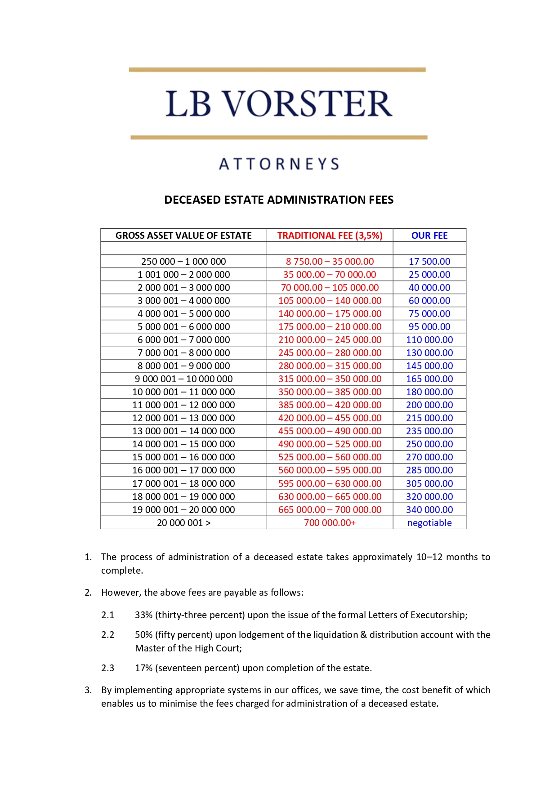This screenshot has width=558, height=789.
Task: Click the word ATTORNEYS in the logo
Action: tap(279, 164)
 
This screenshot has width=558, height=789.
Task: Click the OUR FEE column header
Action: tap(429, 236)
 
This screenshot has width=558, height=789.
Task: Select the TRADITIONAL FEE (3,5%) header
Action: tap(330, 236)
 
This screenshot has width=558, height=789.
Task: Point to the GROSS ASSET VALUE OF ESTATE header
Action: tap(183, 236)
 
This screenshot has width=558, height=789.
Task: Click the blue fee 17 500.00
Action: tap(429, 262)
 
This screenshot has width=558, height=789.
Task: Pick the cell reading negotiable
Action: tap(429, 523)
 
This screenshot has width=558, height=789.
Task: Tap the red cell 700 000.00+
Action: tap(330, 523)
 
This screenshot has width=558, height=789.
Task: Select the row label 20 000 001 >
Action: tap(183, 523)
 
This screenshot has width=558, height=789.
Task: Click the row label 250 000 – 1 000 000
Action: tap(183, 262)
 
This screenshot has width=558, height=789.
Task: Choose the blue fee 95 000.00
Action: tap(429, 327)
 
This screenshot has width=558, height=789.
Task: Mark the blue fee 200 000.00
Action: tap(429, 405)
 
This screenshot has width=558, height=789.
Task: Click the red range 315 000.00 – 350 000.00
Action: tap(330, 379)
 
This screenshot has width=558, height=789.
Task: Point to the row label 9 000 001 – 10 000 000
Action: tap(183, 379)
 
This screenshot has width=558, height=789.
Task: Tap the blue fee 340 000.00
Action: tap(429, 510)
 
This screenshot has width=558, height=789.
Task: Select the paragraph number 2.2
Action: tap(108, 635)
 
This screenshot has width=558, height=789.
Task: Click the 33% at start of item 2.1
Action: tap(143, 615)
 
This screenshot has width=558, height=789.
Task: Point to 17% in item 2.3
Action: tap(143, 668)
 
